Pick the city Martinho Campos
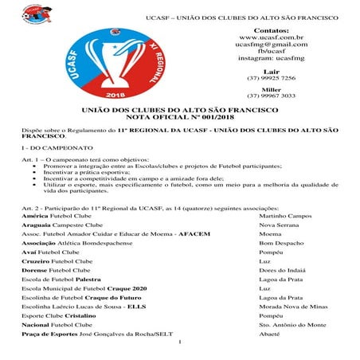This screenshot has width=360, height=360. tap(285, 217)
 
